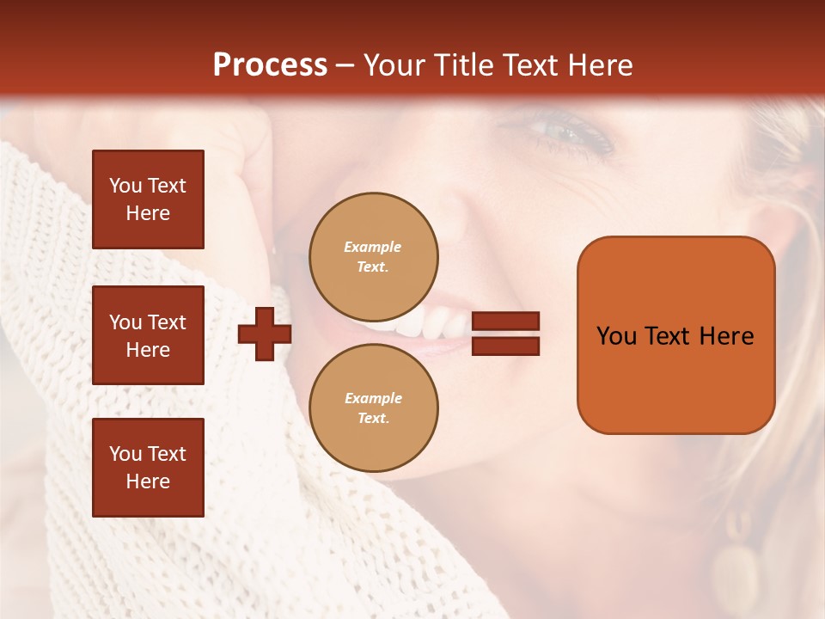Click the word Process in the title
270,65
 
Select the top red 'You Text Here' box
148,199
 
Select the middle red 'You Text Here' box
148,335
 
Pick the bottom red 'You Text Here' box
148,468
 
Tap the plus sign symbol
265,335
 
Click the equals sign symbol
506,334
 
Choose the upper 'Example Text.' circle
374,257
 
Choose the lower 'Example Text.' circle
374,408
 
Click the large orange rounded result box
675,335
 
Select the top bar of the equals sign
506,322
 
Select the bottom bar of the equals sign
506,346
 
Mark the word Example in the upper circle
373,247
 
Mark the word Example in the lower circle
373,398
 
